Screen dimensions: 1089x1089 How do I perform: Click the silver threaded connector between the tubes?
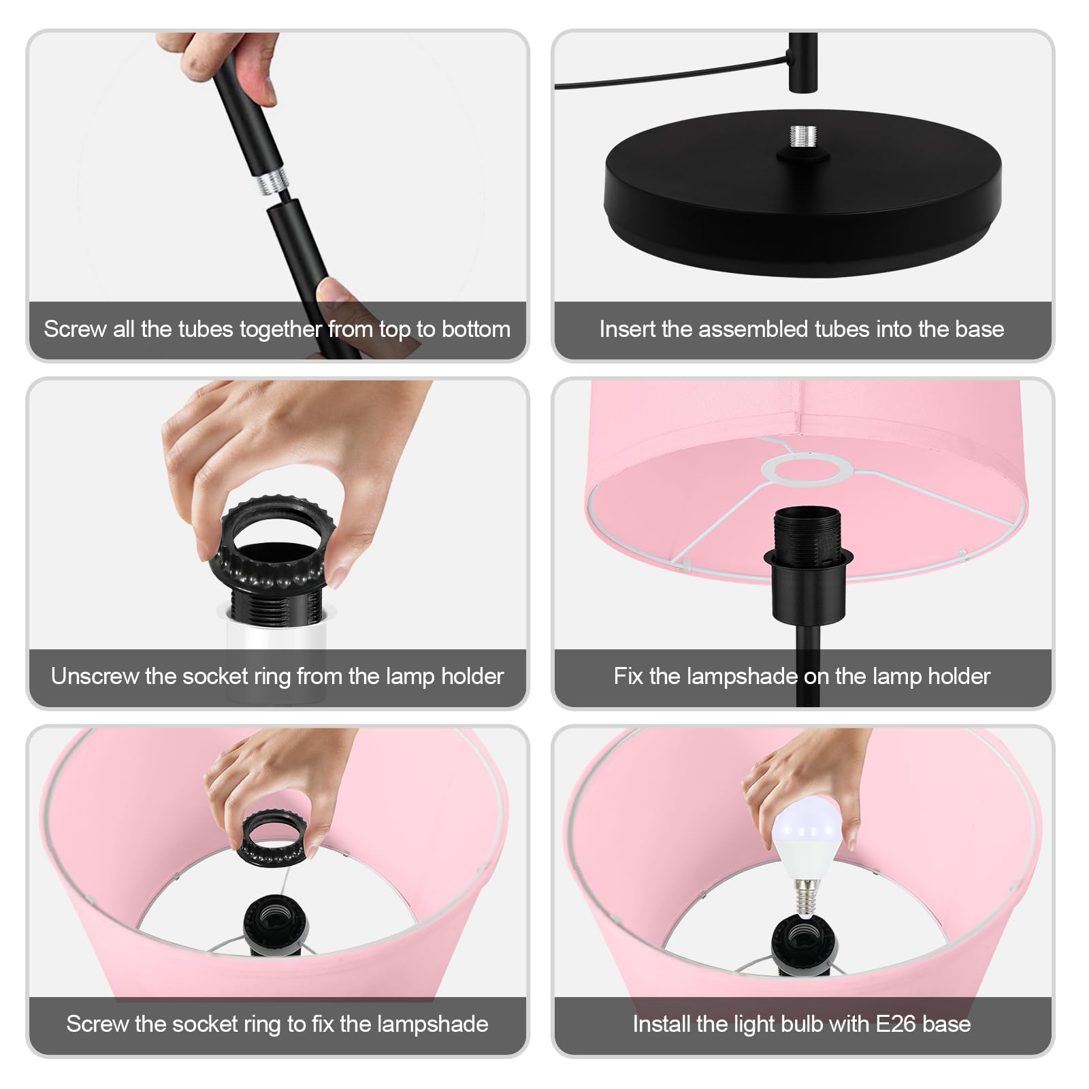[272, 182]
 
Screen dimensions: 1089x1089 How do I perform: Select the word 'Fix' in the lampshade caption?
[628, 677]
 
